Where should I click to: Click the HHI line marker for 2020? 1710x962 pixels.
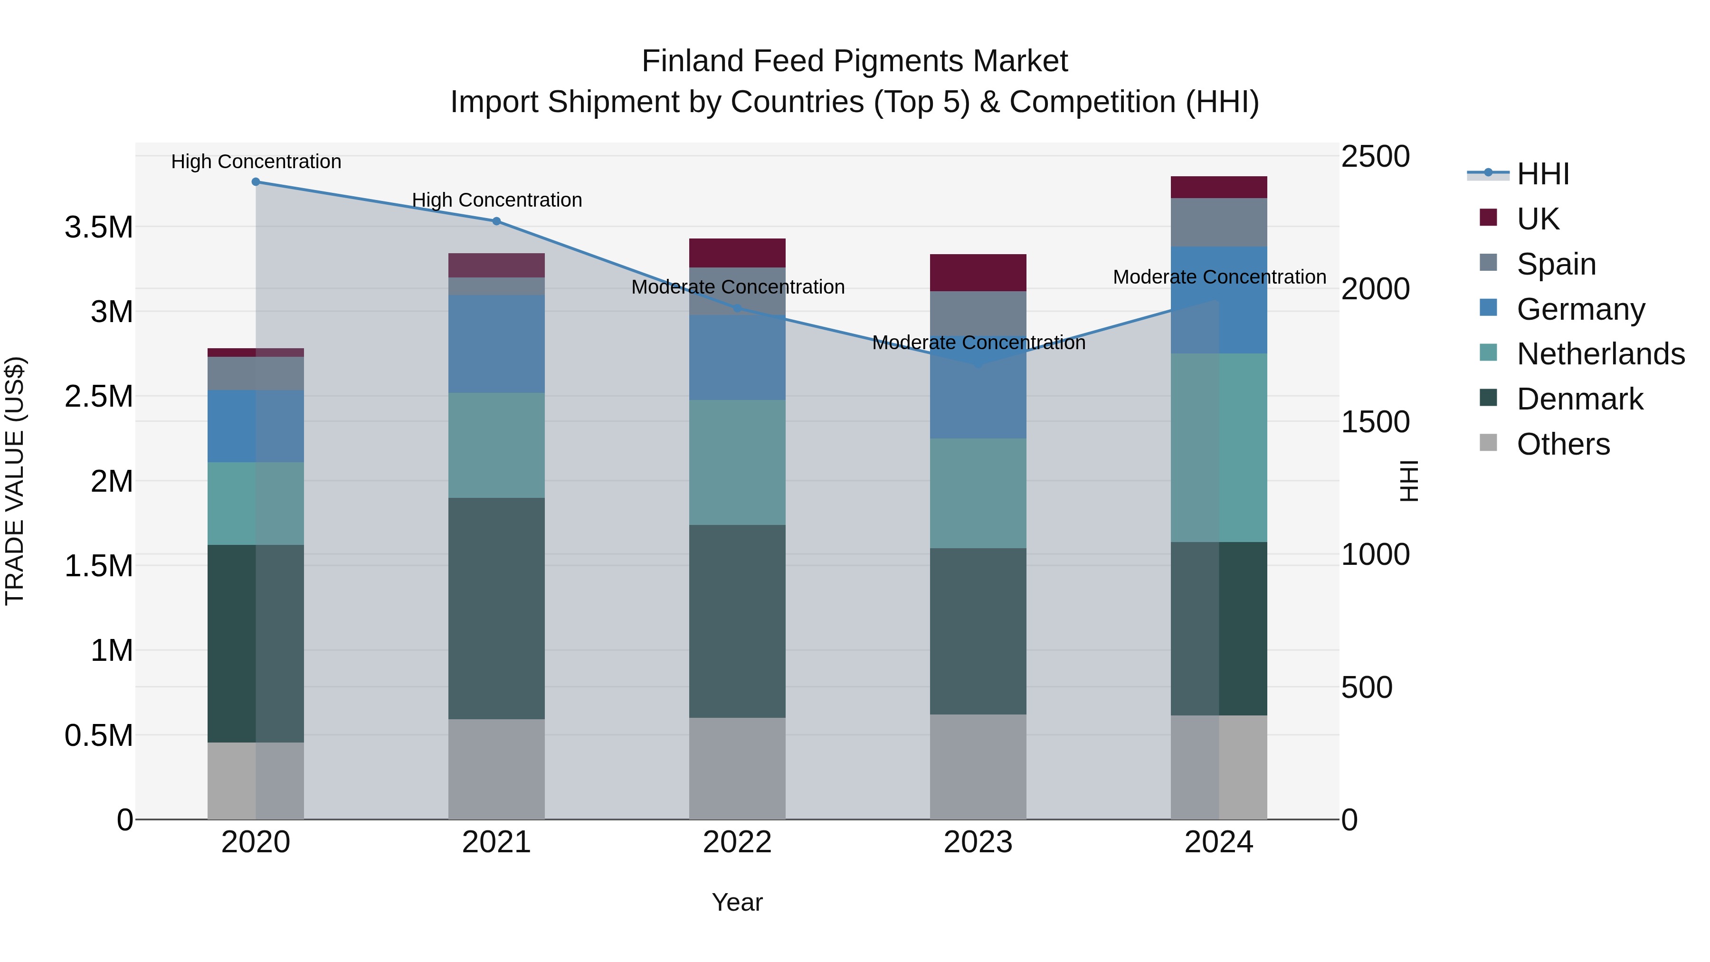[256, 182]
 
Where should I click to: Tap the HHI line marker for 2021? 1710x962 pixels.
[496, 221]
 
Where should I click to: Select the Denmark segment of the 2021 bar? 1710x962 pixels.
[496, 608]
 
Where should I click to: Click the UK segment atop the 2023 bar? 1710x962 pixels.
[978, 272]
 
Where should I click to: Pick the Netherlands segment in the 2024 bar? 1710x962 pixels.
[1219, 448]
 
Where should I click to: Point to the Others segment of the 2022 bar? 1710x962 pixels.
[737, 768]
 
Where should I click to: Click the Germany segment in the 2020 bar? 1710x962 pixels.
[256, 426]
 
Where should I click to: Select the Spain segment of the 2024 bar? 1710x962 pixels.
[1219, 222]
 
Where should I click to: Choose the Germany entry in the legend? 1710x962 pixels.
[1580, 309]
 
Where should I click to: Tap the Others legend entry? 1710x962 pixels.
[1563, 444]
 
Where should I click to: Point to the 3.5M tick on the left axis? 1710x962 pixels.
[99, 228]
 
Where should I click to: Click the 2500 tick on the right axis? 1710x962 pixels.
[1375, 157]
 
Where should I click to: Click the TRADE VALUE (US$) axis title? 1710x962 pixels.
[15, 481]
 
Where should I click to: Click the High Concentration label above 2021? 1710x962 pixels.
[496, 200]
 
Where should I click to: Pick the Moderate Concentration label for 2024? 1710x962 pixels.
[1219, 277]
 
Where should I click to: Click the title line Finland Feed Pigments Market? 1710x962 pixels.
[855, 61]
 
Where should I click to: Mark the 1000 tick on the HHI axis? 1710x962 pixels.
[1375, 554]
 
